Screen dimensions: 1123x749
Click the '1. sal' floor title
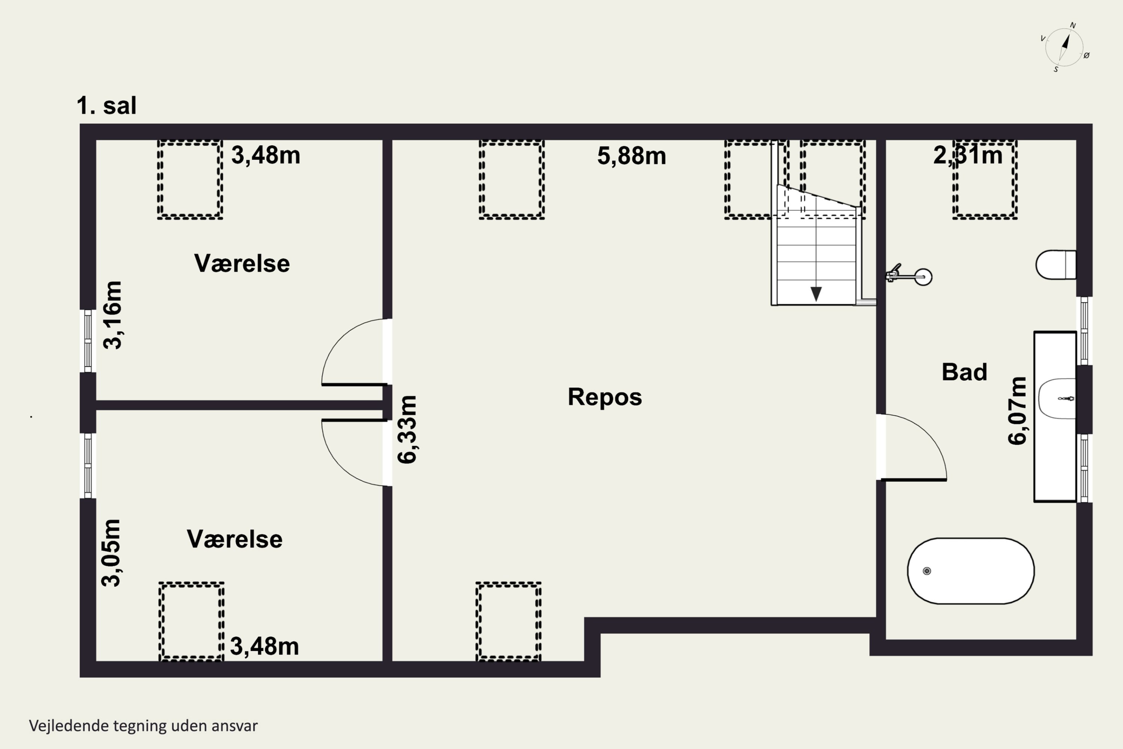[106, 106]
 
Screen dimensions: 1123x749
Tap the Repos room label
[605, 397]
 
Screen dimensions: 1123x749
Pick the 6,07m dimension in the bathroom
[1017, 411]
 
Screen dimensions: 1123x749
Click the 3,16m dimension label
[113, 315]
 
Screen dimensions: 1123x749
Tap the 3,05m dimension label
[111, 553]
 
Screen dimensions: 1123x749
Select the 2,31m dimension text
[968, 156]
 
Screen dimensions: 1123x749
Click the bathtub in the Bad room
[971, 571]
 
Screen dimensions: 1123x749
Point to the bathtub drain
[927, 571]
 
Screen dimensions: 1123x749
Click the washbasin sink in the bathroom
[1057, 398]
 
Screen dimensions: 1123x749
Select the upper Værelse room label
[241, 263]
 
